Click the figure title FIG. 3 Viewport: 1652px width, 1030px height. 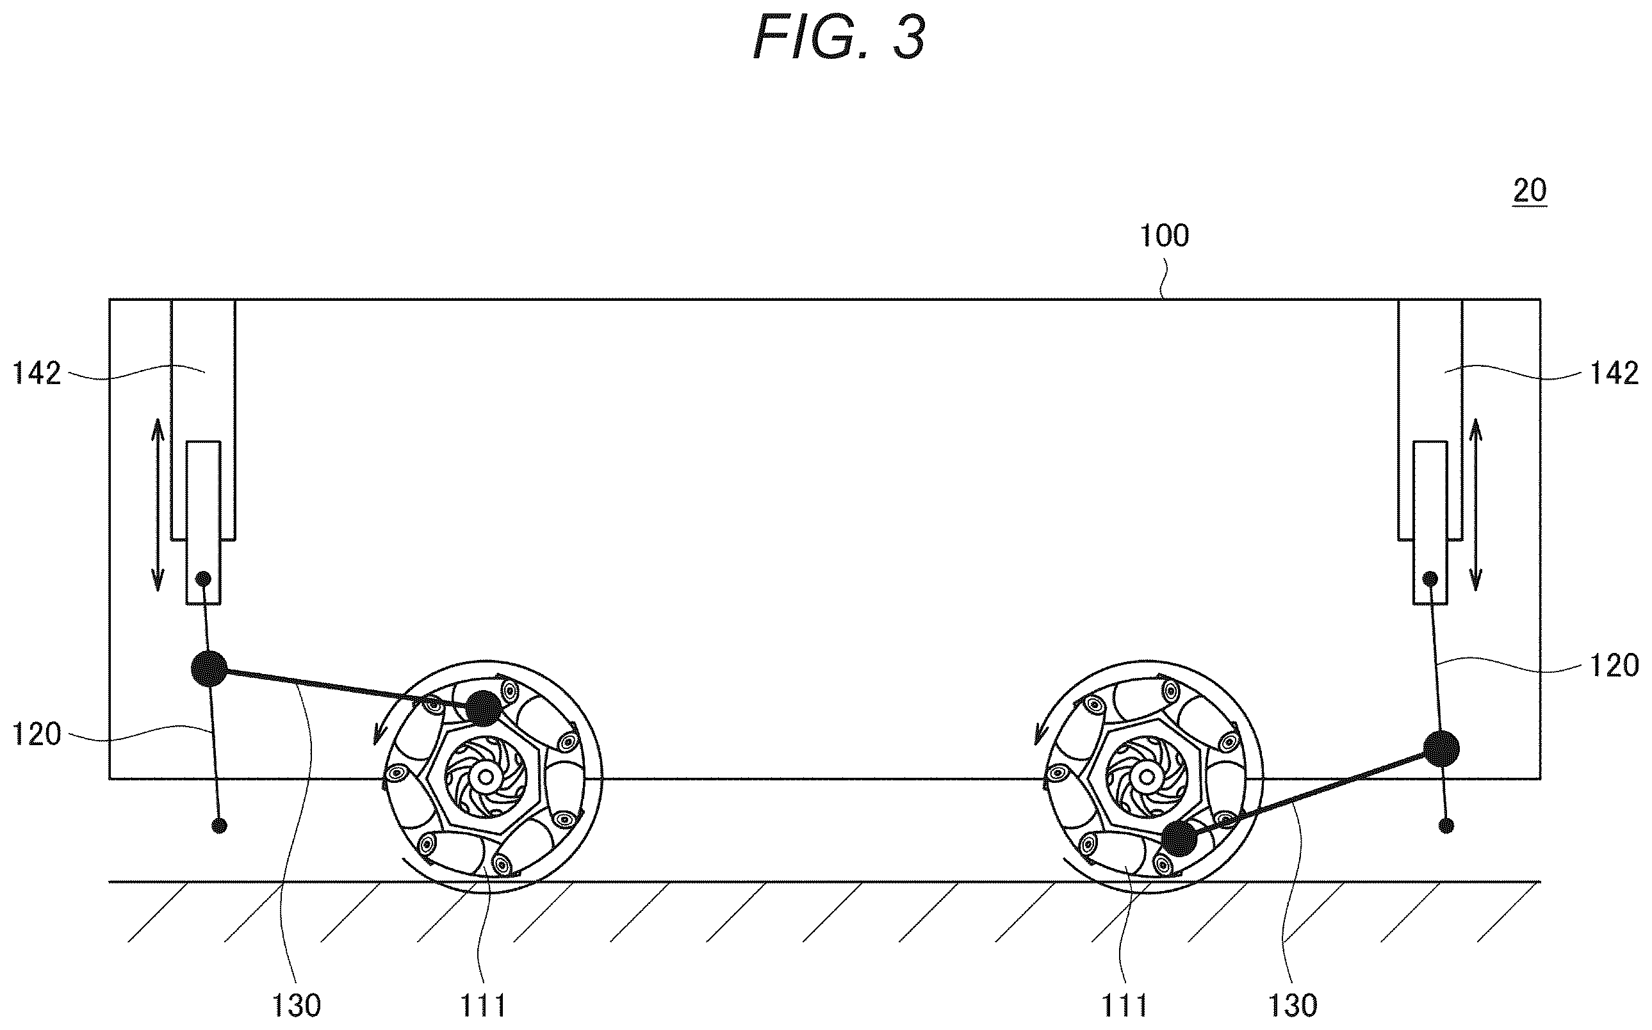click(839, 38)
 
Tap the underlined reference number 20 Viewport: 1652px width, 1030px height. click(1529, 191)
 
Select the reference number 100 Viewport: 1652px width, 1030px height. click(1165, 236)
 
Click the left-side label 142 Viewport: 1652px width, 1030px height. click(37, 373)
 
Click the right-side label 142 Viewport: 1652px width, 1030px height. click(1614, 373)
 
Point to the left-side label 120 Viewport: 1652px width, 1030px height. click(37, 735)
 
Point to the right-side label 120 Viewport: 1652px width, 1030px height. click(1614, 665)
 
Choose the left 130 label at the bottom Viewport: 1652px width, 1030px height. click(297, 1006)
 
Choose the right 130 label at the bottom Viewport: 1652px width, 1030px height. click(1293, 1006)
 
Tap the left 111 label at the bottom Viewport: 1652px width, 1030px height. click(483, 1006)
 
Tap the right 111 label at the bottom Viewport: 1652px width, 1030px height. click(1125, 1006)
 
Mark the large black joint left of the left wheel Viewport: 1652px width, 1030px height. click(209, 668)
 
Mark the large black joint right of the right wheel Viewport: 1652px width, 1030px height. click(1441, 749)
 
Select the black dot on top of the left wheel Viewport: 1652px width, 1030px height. click(484, 709)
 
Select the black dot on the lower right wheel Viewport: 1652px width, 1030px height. click(1179, 839)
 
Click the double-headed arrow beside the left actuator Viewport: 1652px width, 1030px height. click(158, 505)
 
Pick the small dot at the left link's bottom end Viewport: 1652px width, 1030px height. click(219, 826)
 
